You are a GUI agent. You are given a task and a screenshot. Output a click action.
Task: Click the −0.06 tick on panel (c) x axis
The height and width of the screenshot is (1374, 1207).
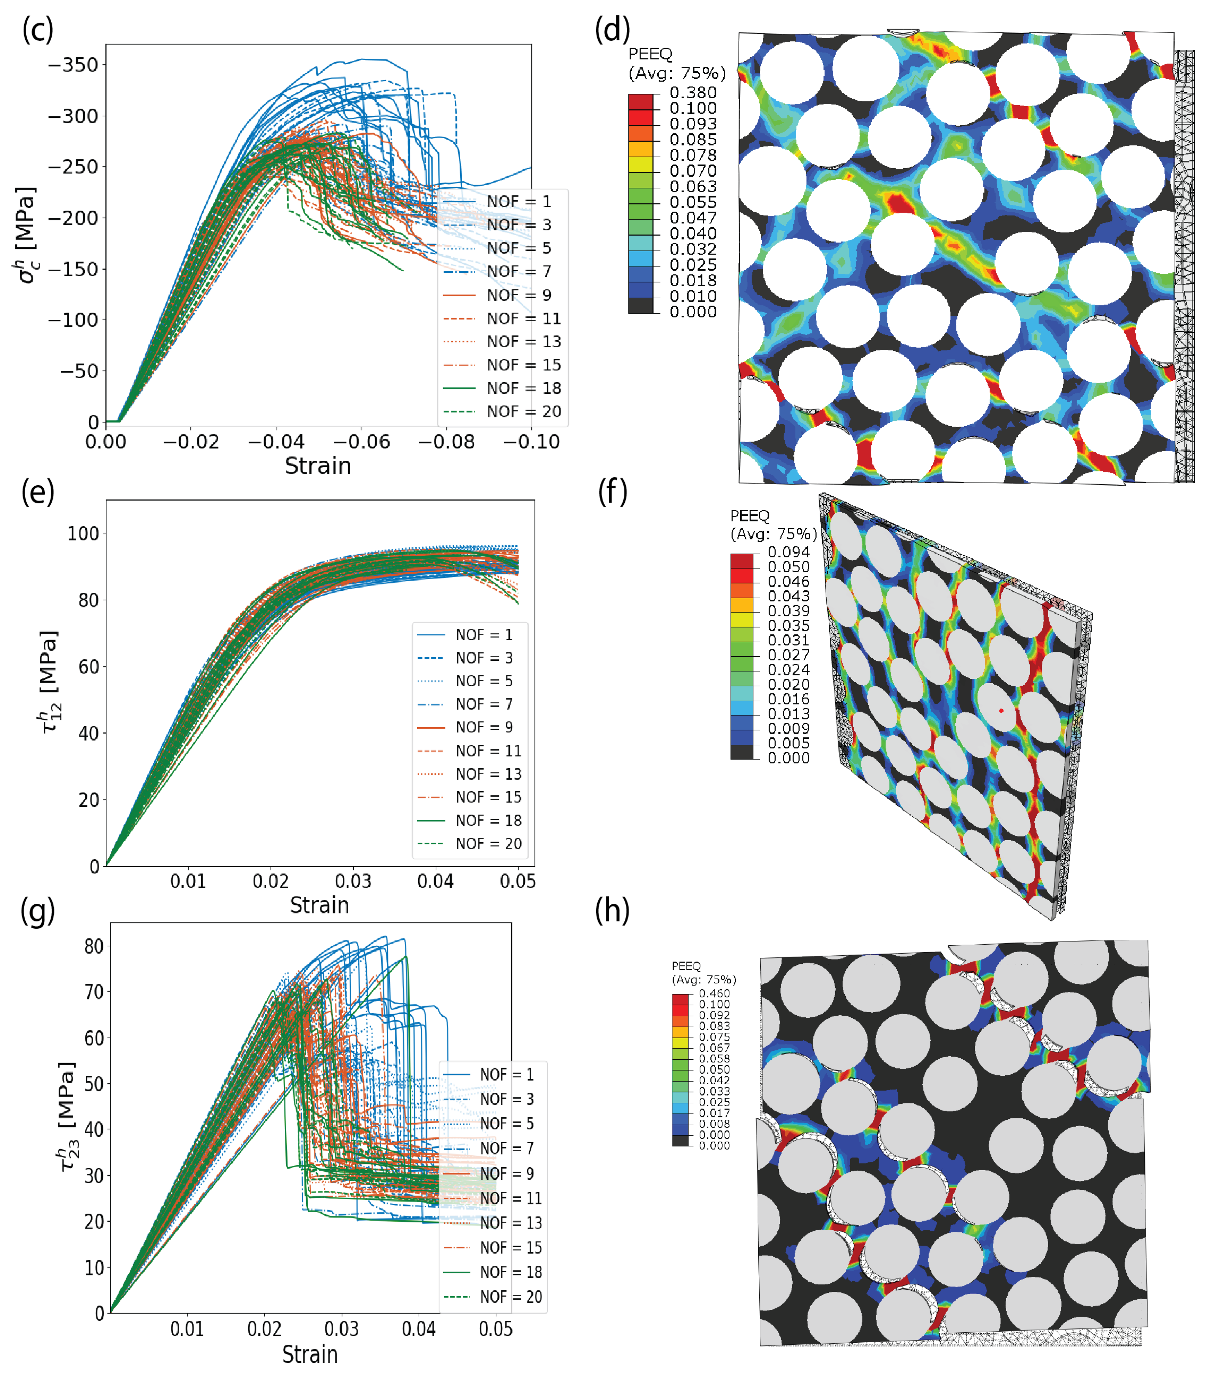coord(361,442)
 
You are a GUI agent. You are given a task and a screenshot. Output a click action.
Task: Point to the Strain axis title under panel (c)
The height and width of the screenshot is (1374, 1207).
coord(318,466)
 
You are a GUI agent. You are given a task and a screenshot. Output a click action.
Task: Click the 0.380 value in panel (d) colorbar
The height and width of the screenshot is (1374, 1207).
coord(692,93)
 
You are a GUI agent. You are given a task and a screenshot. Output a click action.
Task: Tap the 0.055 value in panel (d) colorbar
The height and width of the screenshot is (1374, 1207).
coord(692,202)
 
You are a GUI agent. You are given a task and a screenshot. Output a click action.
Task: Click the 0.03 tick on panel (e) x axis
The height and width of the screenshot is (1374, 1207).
coord(353,881)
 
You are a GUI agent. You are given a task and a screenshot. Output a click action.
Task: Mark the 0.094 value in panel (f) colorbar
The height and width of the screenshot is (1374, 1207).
coord(788,552)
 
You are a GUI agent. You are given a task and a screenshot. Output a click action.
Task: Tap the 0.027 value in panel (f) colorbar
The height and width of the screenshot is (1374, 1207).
coord(788,655)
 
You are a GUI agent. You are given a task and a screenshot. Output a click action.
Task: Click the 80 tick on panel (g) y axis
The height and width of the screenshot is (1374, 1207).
coord(94,946)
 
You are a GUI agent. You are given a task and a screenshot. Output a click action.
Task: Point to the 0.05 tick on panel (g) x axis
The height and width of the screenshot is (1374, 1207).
coord(495,1329)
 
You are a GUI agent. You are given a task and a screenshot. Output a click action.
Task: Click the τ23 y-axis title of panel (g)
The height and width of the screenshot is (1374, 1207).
coord(67,1116)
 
